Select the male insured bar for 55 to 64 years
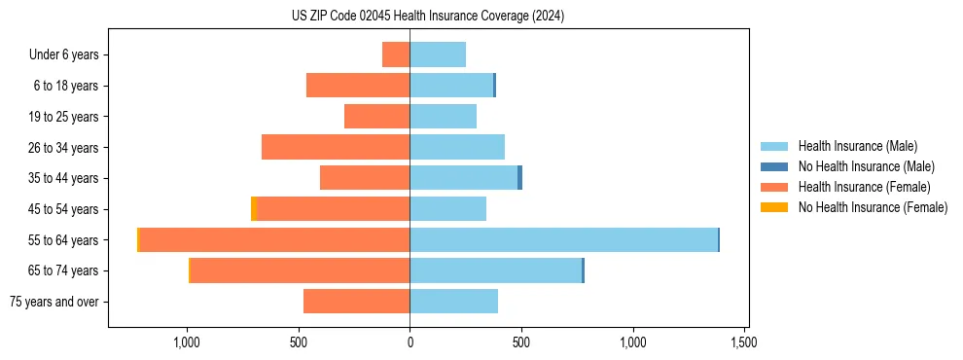coord(563,239)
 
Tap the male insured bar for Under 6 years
coord(438,54)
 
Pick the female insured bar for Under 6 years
coord(396,54)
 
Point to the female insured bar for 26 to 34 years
coord(336,147)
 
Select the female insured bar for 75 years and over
coord(356,302)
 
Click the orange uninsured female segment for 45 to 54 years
coord(254,208)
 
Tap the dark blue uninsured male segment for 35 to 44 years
coord(519,178)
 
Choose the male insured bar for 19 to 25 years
coord(443,117)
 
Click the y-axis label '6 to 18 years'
coord(66,86)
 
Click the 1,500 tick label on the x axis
coord(744,342)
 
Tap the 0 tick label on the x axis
coord(410,342)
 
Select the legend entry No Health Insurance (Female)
coord(873,207)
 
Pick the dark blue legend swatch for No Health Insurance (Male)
coord(774,166)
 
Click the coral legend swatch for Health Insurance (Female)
coord(774,187)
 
